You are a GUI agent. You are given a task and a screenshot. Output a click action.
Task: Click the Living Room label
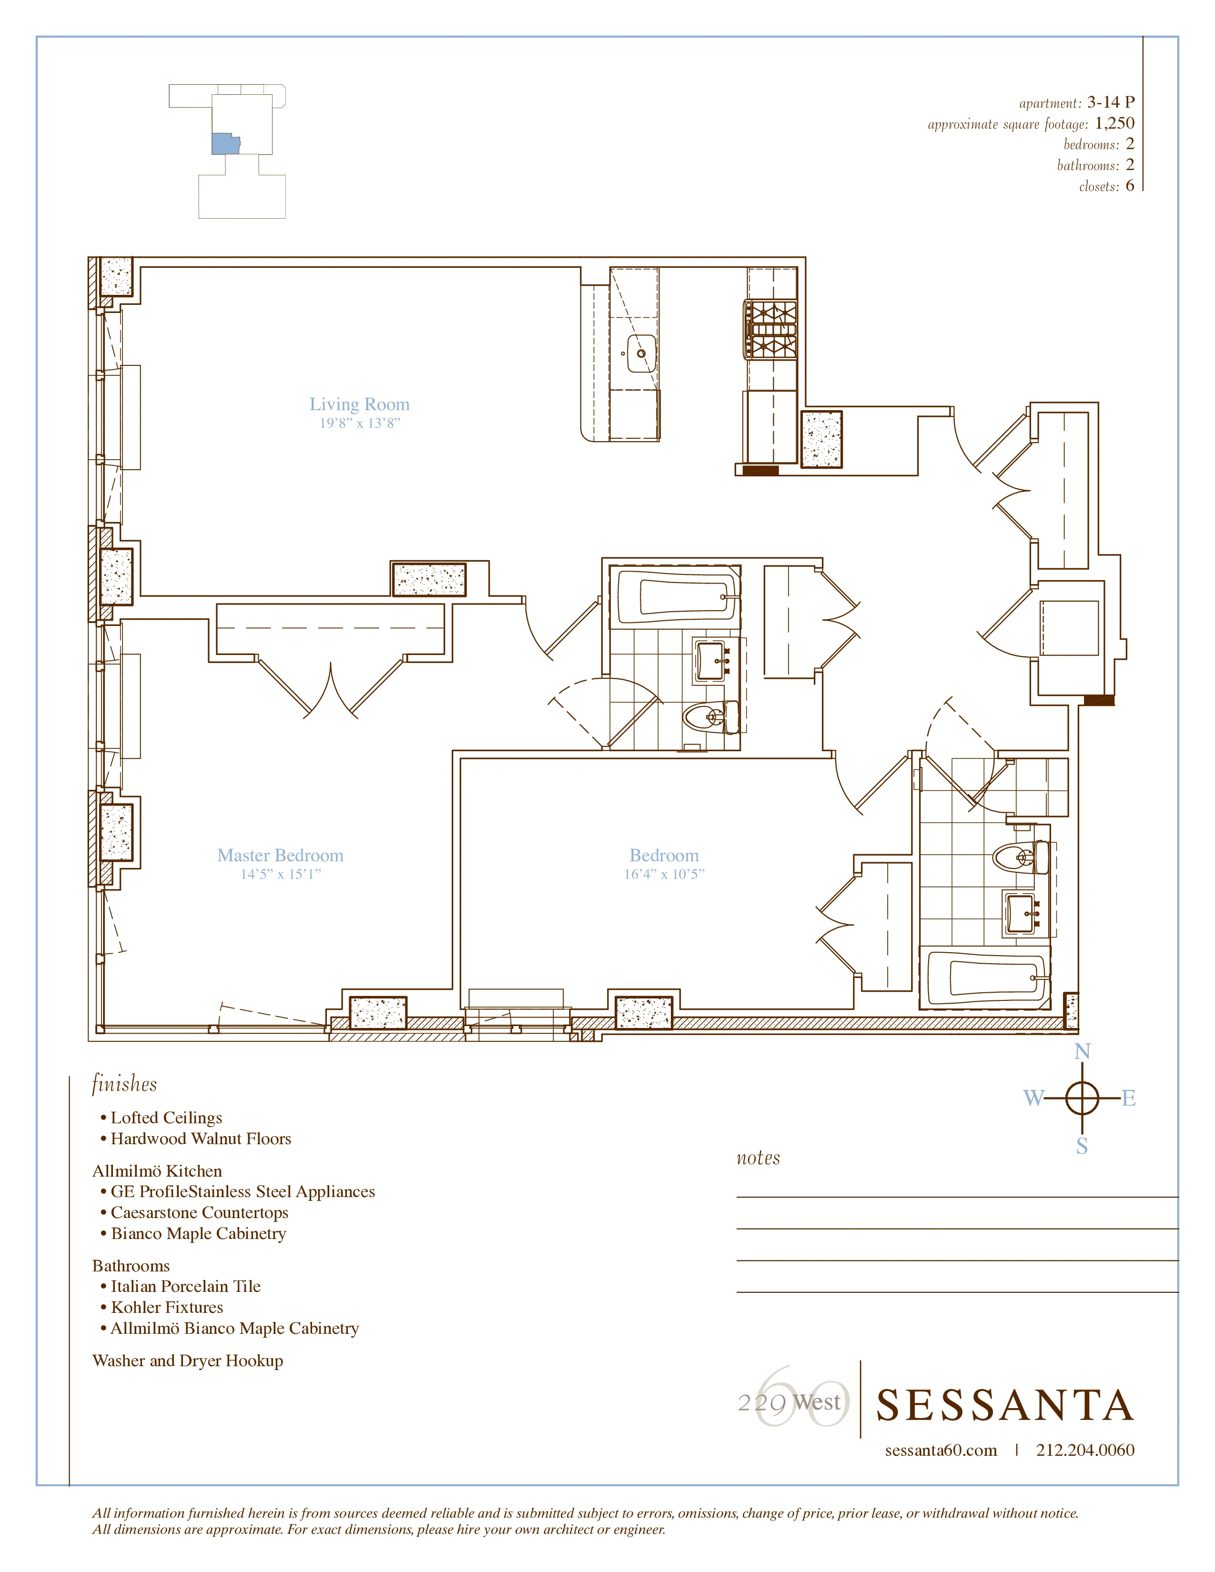pyautogui.click(x=359, y=404)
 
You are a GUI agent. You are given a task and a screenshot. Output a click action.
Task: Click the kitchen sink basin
pyautogui.click(x=640, y=353)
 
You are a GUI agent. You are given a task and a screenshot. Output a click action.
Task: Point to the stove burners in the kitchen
pyautogui.click(x=771, y=330)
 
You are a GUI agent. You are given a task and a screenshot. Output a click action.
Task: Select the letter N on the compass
pyautogui.click(x=1082, y=1052)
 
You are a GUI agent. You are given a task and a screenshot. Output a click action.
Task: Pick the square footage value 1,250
pyautogui.click(x=1114, y=123)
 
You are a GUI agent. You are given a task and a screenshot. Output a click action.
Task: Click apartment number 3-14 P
pyautogui.click(x=1110, y=102)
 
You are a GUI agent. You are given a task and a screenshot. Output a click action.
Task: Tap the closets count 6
pyautogui.click(x=1129, y=186)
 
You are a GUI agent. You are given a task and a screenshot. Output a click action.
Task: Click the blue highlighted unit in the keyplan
pyautogui.click(x=224, y=143)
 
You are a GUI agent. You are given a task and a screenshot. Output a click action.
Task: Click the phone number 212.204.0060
pyautogui.click(x=1085, y=1451)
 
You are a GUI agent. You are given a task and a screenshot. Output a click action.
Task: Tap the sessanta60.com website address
pyautogui.click(x=941, y=1451)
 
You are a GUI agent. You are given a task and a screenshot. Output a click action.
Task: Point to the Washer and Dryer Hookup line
pyautogui.click(x=188, y=1360)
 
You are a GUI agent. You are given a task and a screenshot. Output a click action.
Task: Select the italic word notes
pyautogui.click(x=758, y=1158)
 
